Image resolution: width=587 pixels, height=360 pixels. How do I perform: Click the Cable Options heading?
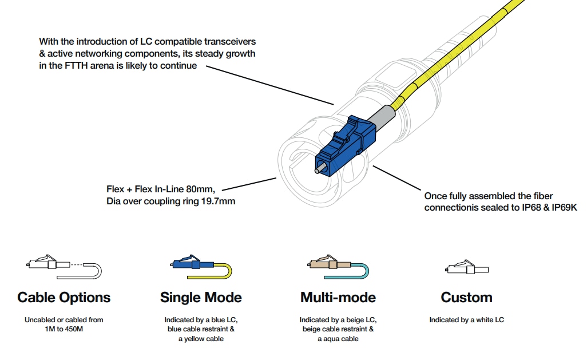(64, 298)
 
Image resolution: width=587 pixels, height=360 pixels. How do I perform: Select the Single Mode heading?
(201, 298)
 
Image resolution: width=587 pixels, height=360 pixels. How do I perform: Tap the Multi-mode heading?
(338, 298)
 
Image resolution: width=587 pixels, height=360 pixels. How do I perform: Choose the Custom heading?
(466, 298)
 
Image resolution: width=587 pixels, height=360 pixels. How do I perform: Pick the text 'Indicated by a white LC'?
(466, 320)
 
